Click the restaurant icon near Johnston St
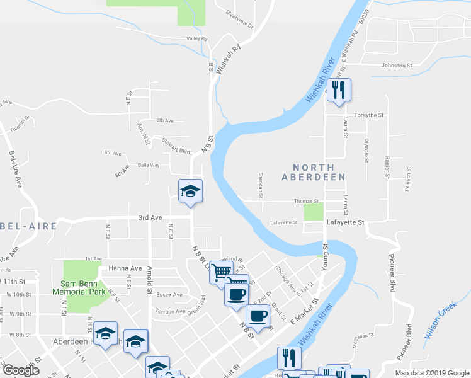coord(339,89)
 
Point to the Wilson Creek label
coord(440,321)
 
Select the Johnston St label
coord(396,65)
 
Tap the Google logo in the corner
coord(21,370)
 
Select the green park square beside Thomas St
coord(314,212)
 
